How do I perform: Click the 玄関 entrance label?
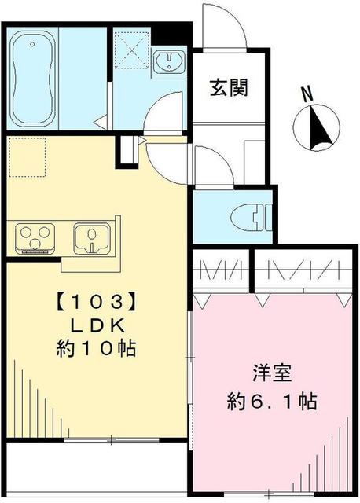[228, 88]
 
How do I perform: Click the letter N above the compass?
[309, 92]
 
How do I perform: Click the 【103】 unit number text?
[89, 301]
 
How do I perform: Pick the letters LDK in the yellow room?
[89, 324]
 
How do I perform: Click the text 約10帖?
[89, 347]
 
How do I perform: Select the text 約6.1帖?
[268, 402]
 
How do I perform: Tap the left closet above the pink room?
[221, 272]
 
